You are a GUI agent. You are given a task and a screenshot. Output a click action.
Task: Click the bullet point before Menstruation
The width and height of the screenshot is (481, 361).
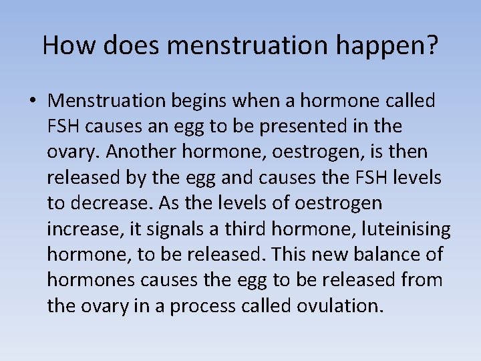pyautogui.click(x=33, y=102)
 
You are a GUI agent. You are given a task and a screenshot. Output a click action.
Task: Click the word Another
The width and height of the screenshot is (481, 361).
pyautogui.click(x=139, y=152)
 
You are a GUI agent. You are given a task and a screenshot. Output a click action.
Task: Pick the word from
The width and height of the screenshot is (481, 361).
pyautogui.click(x=421, y=279)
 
